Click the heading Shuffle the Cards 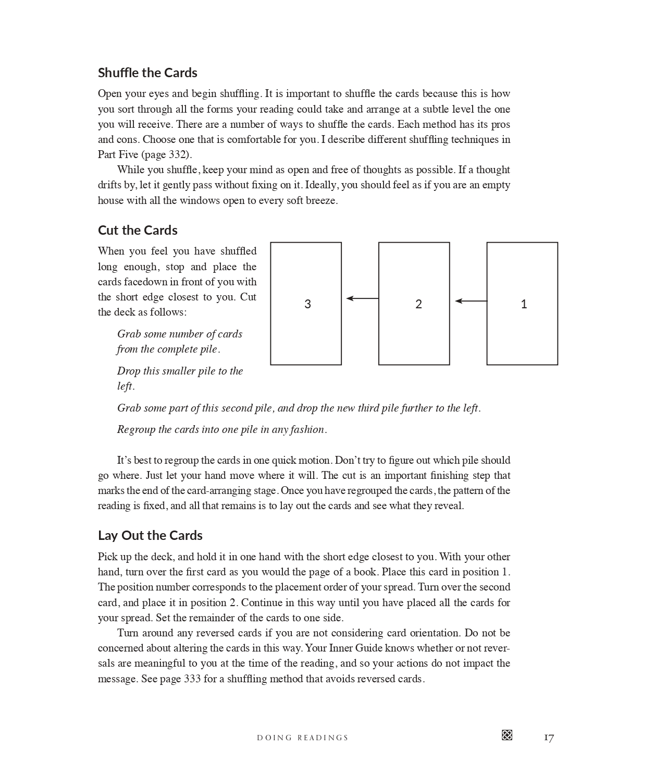click(147, 73)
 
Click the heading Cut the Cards click(138, 230)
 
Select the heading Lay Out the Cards click(150, 535)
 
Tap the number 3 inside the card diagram click(307, 304)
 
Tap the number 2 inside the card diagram click(418, 304)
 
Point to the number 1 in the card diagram click(524, 304)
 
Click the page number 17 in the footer click(549, 737)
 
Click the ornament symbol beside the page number click(506, 735)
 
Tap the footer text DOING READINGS click(302, 738)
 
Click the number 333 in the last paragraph click(193, 679)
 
